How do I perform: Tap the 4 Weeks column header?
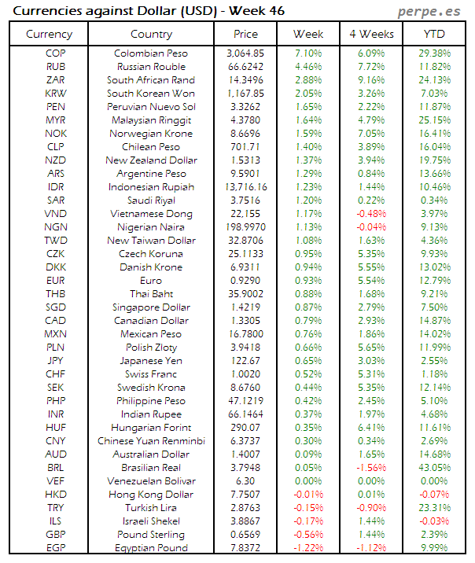coord(371,34)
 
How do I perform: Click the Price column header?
coord(245,34)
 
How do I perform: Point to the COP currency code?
coord(56,53)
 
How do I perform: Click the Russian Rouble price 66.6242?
coord(245,67)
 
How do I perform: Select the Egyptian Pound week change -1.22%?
coord(308,547)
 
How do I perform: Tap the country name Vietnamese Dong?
coord(151,214)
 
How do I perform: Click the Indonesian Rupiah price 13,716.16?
coord(245,187)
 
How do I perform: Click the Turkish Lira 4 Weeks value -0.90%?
coord(371,507)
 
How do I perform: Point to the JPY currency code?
coord(56,361)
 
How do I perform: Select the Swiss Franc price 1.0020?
coord(245,374)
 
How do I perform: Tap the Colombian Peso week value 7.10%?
coord(308,53)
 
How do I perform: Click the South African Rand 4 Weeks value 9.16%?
coord(371,80)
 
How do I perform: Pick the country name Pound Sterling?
coord(151,534)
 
